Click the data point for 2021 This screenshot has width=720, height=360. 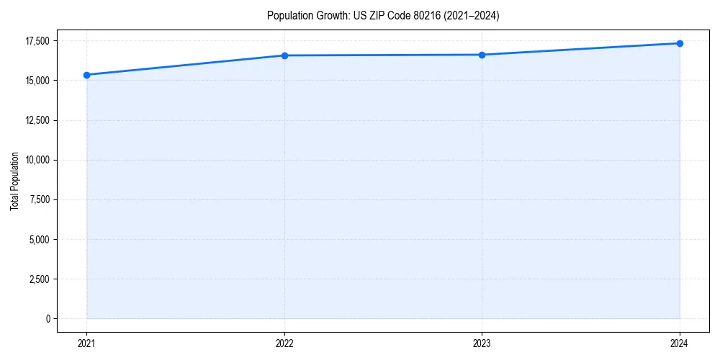click(86, 75)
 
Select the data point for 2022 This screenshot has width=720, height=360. click(284, 55)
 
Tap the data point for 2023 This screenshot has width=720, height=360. click(482, 55)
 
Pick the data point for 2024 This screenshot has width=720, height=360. click(680, 43)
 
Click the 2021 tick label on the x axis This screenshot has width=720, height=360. click(86, 343)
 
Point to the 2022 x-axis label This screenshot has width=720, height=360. click(284, 343)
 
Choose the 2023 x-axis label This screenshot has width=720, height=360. click(482, 343)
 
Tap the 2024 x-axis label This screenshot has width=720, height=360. click(680, 343)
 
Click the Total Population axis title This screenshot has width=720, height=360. click(14, 181)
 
